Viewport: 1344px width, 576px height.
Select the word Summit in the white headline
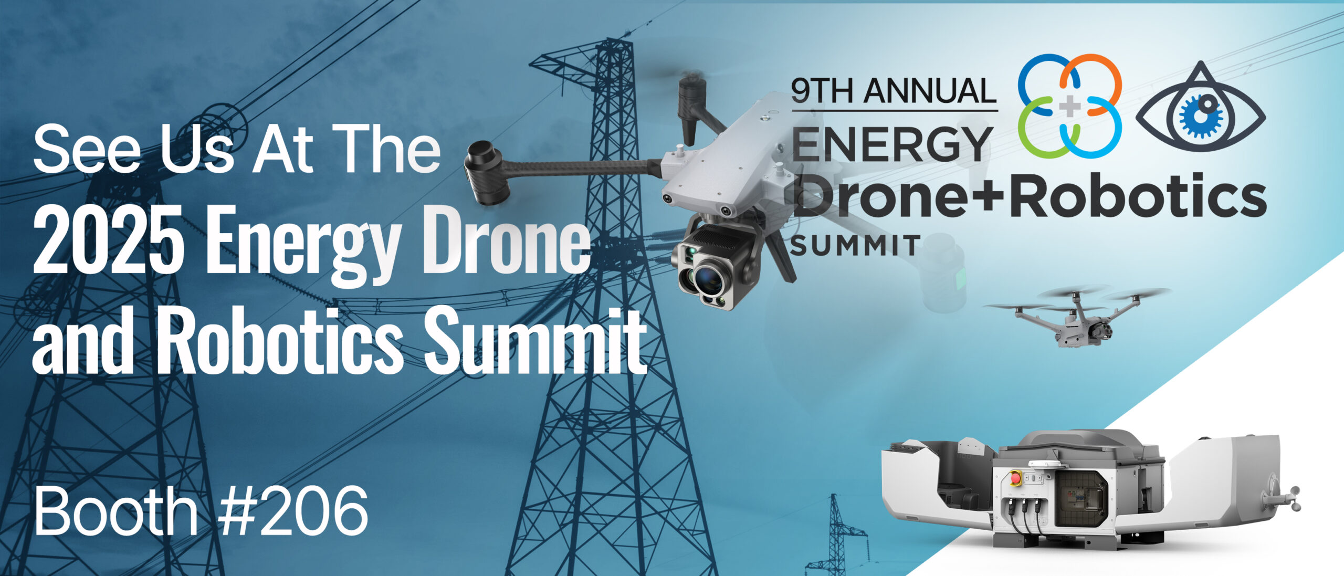pos(535,340)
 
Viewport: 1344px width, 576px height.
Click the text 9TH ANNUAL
pos(894,90)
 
